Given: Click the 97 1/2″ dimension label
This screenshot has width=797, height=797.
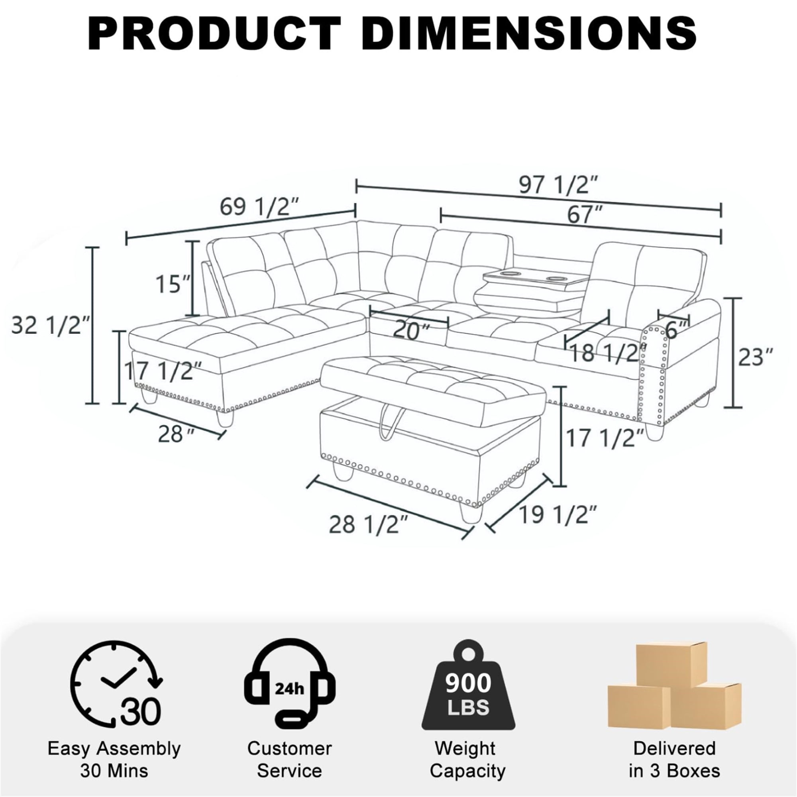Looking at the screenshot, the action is pos(558,185).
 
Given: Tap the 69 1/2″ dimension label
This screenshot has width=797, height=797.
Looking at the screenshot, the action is pos(259,207).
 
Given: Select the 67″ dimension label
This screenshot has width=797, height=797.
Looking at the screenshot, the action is pos(585,215).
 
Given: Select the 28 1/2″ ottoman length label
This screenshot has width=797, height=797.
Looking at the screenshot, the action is pos(369,524).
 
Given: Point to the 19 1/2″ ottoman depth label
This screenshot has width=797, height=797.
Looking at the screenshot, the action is pos(558,514).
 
